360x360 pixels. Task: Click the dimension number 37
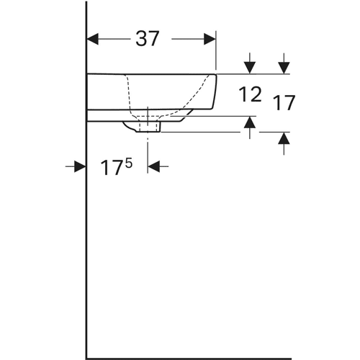point(148,39)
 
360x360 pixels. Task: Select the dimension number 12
point(250,94)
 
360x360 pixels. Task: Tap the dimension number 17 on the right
point(284,103)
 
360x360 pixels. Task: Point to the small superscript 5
point(129,164)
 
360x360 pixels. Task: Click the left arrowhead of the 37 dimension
point(93,39)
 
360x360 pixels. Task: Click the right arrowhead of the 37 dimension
point(210,39)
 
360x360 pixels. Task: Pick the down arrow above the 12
point(250,63)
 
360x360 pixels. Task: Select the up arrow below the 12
point(250,127)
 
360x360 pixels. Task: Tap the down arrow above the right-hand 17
point(284,63)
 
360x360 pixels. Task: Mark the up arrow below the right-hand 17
point(284,143)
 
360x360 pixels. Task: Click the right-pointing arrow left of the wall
point(76,166)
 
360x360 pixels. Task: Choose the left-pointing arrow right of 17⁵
point(158,166)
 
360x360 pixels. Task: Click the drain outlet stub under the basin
point(149,127)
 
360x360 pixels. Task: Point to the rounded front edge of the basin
point(215,91)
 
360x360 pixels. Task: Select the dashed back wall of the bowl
point(129,96)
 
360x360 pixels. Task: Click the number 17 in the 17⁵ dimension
point(111,168)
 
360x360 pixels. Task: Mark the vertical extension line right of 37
point(216,50)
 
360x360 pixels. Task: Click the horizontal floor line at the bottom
point(189,359)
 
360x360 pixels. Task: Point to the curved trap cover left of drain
point(130,127)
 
